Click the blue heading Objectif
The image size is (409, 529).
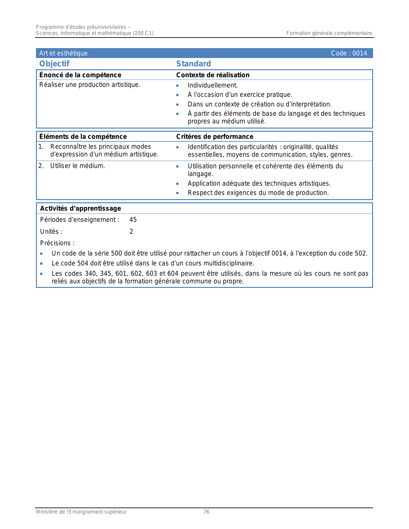pyautogui.click(x=54, y=64)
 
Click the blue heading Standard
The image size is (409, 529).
pyautogui.click(x=193, y=64)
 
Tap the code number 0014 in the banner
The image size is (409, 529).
pyautogui.click(x=360, y=53)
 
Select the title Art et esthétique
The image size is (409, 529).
pyautogui.click(x=63, y=53)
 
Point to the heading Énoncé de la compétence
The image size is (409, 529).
pyautogui.click(x=80, y=75)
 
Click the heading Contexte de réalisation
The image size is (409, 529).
pyautogui.click(x=213, y=75)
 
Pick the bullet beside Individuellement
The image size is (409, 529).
pyautogui.click(x=177, y=86)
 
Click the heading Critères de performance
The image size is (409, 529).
pyautogui.click(x=215, y=137)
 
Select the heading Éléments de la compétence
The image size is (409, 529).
pyautogui.click(x=83, y=137)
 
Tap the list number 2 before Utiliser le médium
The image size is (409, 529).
pyautogui.click(x=41, y=166)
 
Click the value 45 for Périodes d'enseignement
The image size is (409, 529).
pyautogui.click(x=133, y=220)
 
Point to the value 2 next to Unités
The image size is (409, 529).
pyautogui.click(x=131, y=231)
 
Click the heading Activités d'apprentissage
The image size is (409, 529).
pyautogui.click(x=81, y=208)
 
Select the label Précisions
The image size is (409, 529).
pyautogui.click(x=57, y=243)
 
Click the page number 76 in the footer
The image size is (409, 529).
pyautogui.click(x=207, y=512)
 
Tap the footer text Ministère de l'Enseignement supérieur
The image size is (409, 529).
pyautogui.click(x=81, y=512)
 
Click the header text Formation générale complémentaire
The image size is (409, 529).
pyautogui.click(x=329, y=33)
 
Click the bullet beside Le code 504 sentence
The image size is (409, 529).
pyautogui.click(x=41, y=264)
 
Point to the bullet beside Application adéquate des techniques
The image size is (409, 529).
pyautogui.click(x=177, y=184)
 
